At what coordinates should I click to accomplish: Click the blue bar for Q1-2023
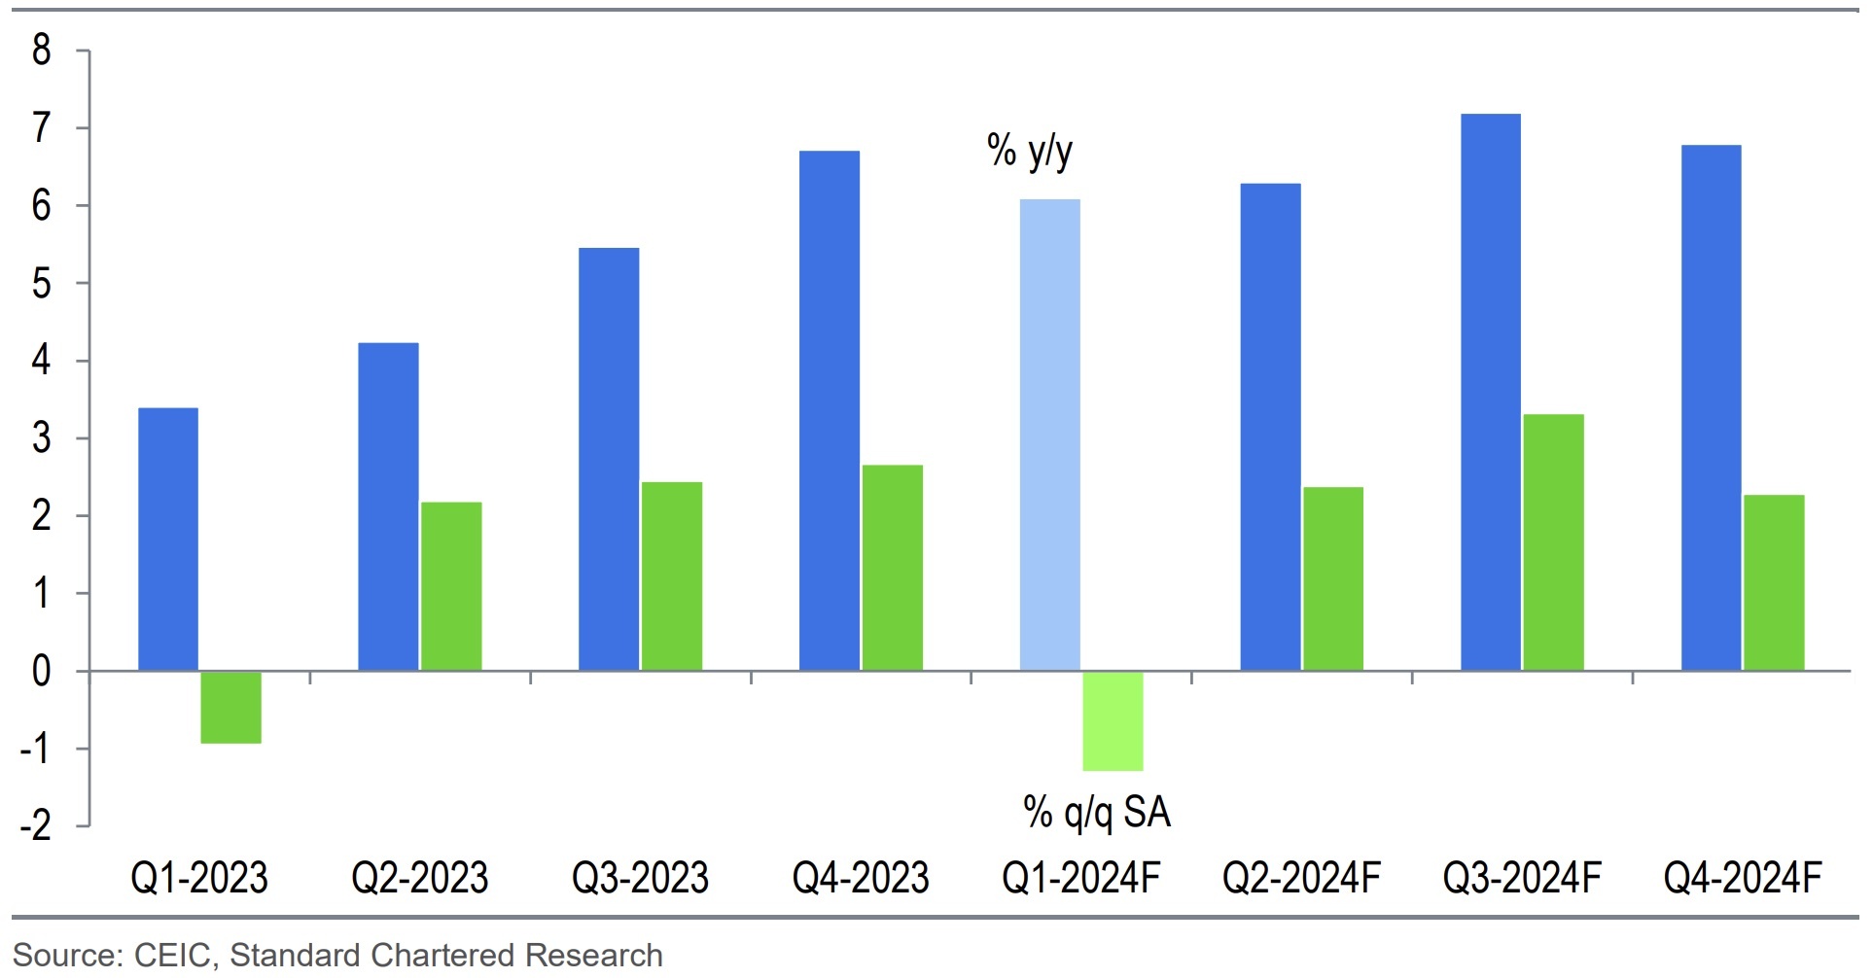pyautogui.click(x=168, y=540)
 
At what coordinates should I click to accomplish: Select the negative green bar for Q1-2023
pyautogui.click(x=230, y=708)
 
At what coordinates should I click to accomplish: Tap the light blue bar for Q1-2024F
pyautogui.click(x=1049, y=436)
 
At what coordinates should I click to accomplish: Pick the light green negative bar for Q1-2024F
pyautogui.click(x=1113, y=721)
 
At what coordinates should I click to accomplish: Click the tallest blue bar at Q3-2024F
pyautogui.click(x=1490, y=393)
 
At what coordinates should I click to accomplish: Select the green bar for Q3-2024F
pyautogui.click(x=1553, y=542)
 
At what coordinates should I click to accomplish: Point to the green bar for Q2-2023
pyautogui.click(x=451, y=586)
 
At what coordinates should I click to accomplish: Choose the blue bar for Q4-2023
pyautogui.click(x=830, y=411)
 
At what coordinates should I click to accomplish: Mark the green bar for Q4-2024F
pyautogui.click(x=1774, y=583)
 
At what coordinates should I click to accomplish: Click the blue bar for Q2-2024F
pyautogui.click(x=1270, y=428)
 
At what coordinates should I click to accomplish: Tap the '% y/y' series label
pyautogui.click(x=1030, y=152)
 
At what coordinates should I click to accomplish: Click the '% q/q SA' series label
pyautogui.click(x=1097, y=813)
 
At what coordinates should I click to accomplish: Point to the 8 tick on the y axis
pyautogui.click(x=41, y=50)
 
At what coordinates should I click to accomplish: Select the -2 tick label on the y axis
pyautogui.click(x=36, y=826)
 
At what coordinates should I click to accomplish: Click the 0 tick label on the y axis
pyautogui.click(x=41, y=672)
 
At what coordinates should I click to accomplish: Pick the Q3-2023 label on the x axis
pyautogui.click(x=640, y=878)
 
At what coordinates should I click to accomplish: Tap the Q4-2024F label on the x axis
pyautogui.click(x=1742, y=878)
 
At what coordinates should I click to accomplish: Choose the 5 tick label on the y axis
pyautogui.click(x=41, y=284)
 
